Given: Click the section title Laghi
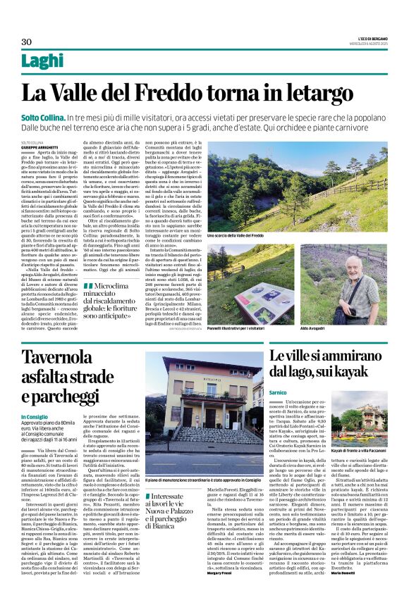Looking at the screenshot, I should tap(42, 61).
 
